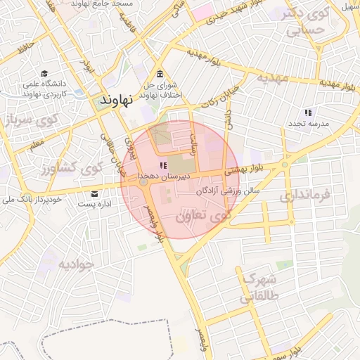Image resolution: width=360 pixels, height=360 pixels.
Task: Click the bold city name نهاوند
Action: pos(117,99)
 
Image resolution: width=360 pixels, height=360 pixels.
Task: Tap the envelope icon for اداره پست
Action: pos(94,194)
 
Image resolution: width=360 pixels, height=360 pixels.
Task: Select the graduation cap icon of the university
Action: pos(45,74)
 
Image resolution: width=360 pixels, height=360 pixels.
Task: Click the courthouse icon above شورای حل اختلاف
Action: pos(160,75)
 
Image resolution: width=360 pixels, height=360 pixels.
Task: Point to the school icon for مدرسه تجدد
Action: pos(307,112)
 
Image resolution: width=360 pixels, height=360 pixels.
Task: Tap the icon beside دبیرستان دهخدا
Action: pos(163,166)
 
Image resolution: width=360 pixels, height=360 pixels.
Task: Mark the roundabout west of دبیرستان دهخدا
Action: pos(143,182)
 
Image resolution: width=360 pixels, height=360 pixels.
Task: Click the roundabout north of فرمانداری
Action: pos(284,166)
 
